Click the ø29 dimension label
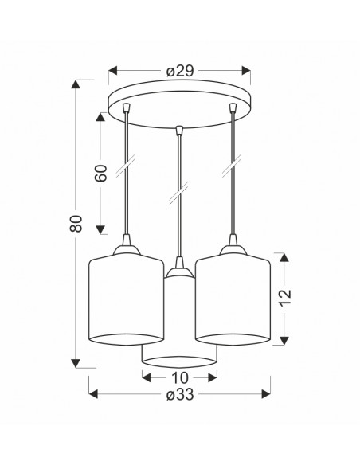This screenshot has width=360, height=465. click(x=180, y=71)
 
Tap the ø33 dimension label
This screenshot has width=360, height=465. click(x=180, y=394)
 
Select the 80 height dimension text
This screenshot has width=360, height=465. click(x=76, y=223)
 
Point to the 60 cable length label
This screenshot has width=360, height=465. click(x=100, y=173)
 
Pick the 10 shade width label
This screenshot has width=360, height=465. click(x=180, y=377)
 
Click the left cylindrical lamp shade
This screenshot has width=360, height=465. click(x=127, y=299)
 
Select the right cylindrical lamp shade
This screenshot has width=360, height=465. click(x=233, y=299)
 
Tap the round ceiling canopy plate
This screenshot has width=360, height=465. click(x=179, y=104)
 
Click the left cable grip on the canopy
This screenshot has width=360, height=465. click(x=127, y=107)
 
